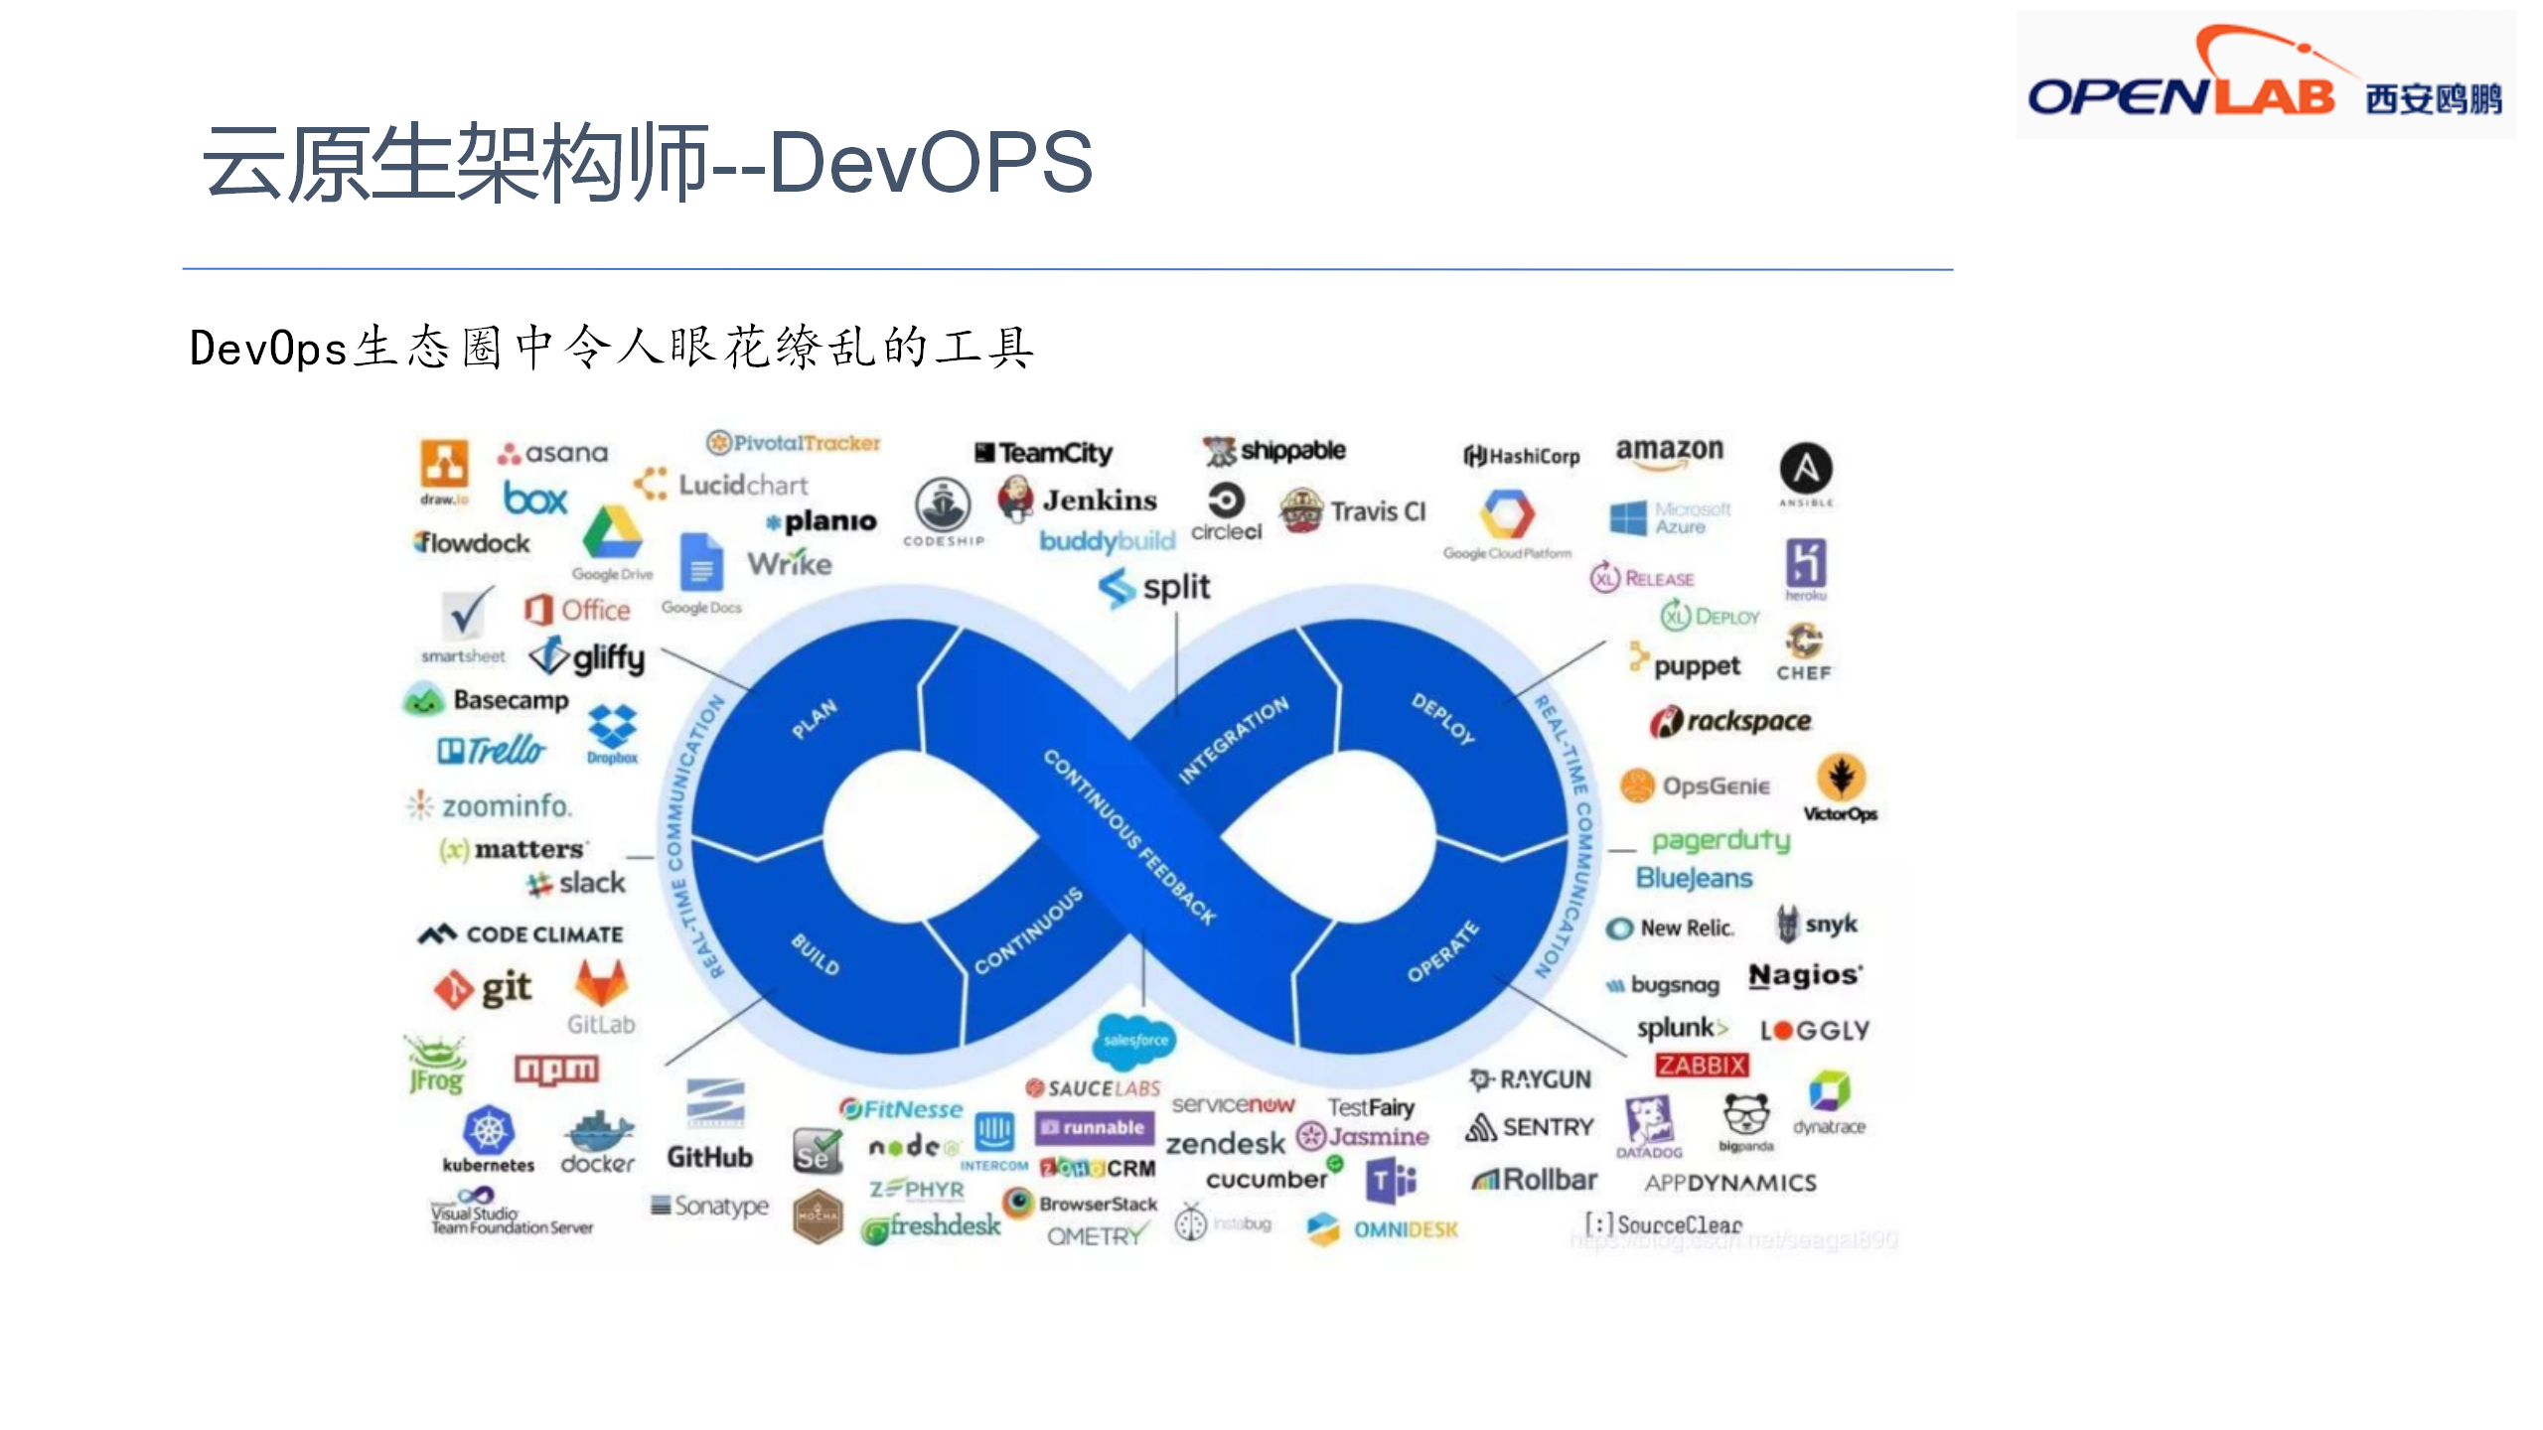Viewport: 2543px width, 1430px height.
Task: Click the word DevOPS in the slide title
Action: pyautogui.click(x=931, y=163)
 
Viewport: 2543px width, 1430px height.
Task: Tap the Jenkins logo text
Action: pyautogui.click(x=1099, y=500)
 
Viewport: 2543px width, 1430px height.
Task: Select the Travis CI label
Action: pyautogui.click(x=1377, y=511)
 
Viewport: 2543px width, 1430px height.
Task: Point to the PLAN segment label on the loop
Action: pyautogui.click(x=815, y=719)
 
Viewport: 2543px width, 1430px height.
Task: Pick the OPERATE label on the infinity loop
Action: pyautogui.click(x=1443, y=950)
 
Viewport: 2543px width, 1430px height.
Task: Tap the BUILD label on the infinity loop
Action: pyautogui.click(x=816, y=953)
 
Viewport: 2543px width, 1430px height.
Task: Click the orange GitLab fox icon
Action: pyautogui.click(x=601, y=983)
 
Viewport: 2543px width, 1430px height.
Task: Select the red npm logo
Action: pyautogui.click(x=556, y=1069)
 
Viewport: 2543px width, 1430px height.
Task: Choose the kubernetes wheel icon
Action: pyautogui.click(x=488, y=1130)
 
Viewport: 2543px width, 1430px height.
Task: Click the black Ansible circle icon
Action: pyautogui.click(x=1806, y=469)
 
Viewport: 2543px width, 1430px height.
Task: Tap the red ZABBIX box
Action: pyautogui.click(x=1701, y=1066)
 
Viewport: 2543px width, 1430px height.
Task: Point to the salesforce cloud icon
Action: pyautogui.click(x=1135, y=1040)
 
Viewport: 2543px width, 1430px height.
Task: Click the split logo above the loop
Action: pyautogui.click(x=1155, y=587)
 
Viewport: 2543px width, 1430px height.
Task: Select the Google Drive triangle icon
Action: pyautogui.click(x=612, y=533)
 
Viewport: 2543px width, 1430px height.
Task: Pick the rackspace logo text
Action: pyautogui.click(x=1747, y=721)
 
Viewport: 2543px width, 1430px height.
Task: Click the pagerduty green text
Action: pyautogui.click(x=1720, y=841)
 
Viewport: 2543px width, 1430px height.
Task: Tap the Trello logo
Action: pyautogui.click(x=493, y=750)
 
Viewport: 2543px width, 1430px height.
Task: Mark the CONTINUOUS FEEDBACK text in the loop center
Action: pyautogui.click(x=1129, y=837)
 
